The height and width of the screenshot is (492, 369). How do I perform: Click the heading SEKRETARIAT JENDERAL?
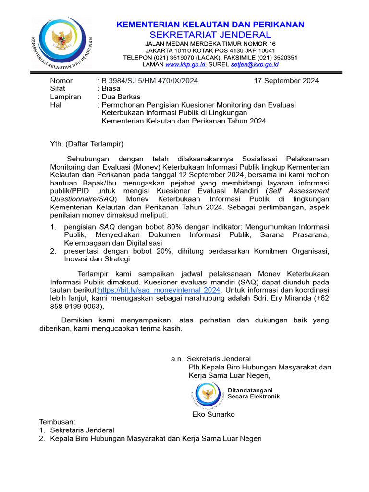point(210,35)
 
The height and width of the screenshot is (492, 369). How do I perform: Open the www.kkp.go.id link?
point(185,64)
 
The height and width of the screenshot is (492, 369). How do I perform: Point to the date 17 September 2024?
point(286,81)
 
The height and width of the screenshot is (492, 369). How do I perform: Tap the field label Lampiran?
point(65,97)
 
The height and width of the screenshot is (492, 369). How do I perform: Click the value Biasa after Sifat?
point(111,89)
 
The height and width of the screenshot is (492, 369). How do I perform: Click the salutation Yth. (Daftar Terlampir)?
point(87,144)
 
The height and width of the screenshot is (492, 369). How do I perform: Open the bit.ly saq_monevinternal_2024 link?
point(159,290)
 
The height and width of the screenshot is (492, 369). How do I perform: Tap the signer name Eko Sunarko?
point(213,414)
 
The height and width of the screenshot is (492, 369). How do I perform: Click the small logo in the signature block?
point(207,394)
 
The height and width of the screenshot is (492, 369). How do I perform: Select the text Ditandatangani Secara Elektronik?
point(253,394)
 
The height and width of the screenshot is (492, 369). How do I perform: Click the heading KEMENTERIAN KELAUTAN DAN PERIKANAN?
point(210,25)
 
